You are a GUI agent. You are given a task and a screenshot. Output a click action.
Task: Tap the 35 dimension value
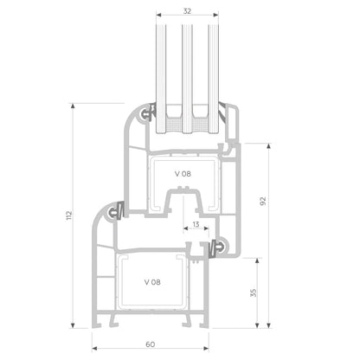coord(253,292)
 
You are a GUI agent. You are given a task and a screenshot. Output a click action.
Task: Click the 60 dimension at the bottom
coord(151,344)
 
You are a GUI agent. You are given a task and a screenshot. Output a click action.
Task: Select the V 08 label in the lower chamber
coord(151,282)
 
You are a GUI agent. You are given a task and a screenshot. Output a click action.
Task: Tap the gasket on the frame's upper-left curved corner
coord(116,210)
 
